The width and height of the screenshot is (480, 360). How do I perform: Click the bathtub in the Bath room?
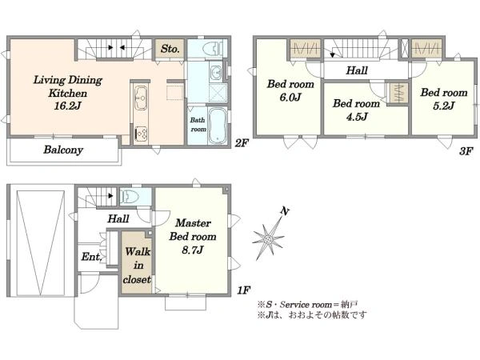(218, 126)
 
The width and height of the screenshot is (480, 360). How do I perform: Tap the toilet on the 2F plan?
(213, 48)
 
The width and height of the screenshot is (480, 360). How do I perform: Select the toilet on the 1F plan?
(129, 196)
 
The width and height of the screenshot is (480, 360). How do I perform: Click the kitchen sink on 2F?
(141, 98)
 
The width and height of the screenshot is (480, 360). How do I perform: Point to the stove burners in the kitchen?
(141, 134)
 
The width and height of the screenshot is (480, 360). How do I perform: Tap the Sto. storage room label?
(170, 49)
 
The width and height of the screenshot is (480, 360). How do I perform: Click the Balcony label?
(63, 150)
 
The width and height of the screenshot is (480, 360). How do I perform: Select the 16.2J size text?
(67, 106)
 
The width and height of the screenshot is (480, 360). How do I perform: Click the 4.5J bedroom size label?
(357, 117)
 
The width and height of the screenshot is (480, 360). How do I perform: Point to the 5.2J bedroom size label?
(443, 106)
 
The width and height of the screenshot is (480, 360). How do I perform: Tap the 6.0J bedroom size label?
(290, 97)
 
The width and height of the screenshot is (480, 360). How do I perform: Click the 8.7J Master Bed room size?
(193, 250)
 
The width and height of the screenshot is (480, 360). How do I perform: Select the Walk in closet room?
(137, 262)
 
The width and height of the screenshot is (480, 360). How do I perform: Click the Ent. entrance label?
(91, 257)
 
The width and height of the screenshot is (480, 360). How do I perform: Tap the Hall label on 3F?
(357, 70)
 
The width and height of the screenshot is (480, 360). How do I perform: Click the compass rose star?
(269, 238)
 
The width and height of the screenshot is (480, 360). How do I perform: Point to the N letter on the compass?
(285, 211)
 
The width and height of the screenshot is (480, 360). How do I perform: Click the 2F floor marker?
(242, 142)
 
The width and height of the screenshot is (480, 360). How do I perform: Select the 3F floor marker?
(466, 151)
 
